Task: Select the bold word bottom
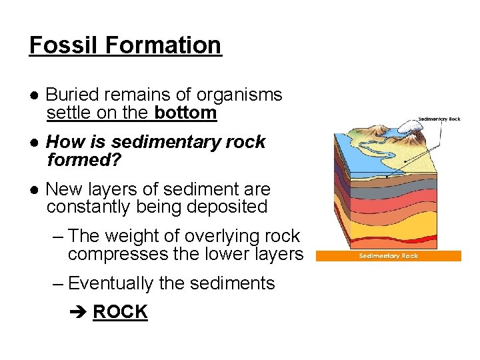(x=185, y=113)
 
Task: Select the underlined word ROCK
(x=120, y=311)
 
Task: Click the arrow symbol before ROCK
(x=78, y=312)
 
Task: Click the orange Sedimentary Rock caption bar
(x=388, y=255)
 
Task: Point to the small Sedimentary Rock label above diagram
(x=439, y=119)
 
